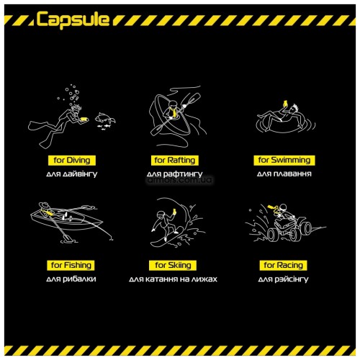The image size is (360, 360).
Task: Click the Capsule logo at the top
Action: [x=73, y=19]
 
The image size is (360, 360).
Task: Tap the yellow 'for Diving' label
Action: [x=72, y=161]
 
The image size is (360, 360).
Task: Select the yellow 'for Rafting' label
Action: [x=175, y=161]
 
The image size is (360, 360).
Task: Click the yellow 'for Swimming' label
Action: [x=284, y=160]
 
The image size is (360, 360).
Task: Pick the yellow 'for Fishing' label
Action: [x=71, y=265]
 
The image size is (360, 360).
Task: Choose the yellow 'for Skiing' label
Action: [x=173, y=265]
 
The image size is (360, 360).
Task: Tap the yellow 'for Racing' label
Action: [x=283, y=265]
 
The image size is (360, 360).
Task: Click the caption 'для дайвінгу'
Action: [x=72, y=174]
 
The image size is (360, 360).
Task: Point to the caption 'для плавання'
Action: [x=284, y=174]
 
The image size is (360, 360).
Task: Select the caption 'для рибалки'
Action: [x=71, y=279]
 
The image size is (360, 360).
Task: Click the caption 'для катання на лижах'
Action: [x=173, y=279]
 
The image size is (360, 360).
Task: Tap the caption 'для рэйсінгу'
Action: [x=283, y=279]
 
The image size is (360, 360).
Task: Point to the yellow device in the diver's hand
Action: [x=84, y=119]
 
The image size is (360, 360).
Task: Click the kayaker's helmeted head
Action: [x=174, y=105]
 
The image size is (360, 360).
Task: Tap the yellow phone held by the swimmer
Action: [x=286, y=104]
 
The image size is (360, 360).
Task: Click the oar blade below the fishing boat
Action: [x=68, y=238]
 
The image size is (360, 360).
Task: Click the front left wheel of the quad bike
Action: [x=273, y=235]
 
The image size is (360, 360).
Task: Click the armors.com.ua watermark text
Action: [x=179, y=180]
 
